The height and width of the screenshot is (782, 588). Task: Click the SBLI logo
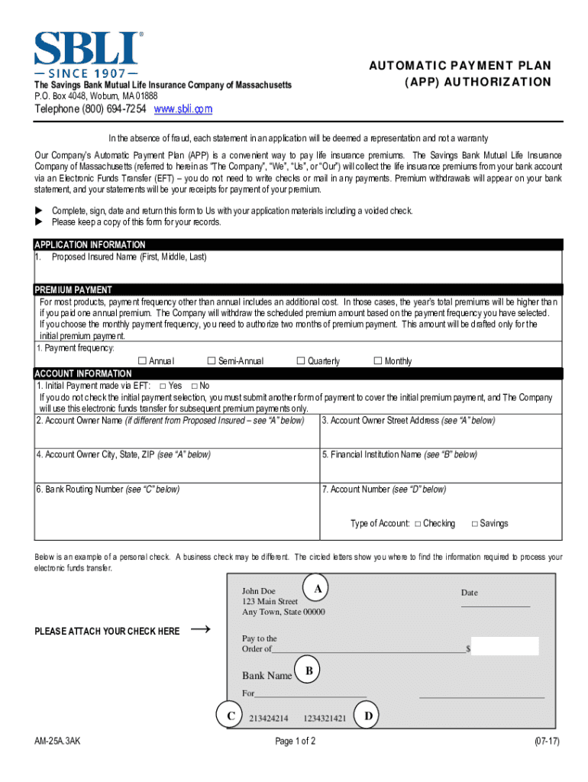tap(87, 53)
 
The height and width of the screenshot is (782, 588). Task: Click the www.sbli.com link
tap(183, 110)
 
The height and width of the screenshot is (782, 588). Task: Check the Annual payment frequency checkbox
tap(141, 361)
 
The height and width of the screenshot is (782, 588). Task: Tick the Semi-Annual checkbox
tap(212, 361)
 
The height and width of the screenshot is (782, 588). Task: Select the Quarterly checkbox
tap(300, 361)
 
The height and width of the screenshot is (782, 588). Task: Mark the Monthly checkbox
tap(377, 361)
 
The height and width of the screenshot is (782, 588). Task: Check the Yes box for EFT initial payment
tap(162, 386)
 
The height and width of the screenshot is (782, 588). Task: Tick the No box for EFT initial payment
tap(194, 386)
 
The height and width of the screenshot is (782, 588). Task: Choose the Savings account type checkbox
tap(474, 524)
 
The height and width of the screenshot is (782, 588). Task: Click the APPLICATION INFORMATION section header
tap(90, 245)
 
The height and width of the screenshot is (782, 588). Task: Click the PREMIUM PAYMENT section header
tap(73, 290)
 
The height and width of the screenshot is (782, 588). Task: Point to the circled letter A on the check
tap(316, 588)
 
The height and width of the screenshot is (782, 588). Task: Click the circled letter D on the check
tap(368, 716)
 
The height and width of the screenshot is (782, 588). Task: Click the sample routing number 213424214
tap(269, 719)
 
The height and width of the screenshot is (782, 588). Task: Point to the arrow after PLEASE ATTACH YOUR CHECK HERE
tap(200, 629)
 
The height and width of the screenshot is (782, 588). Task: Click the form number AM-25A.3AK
tap(57, 742)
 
